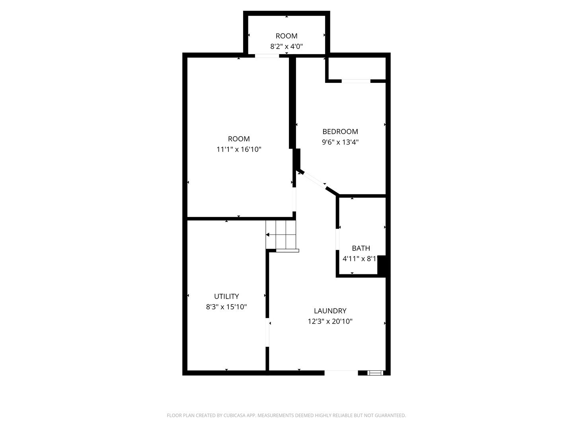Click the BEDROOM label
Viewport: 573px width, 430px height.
[x=340, y=131]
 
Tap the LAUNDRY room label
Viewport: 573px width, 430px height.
[x=330, y=311]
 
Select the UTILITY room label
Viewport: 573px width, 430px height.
[x=226, y=296]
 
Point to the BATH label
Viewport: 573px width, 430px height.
[x=361, y=248]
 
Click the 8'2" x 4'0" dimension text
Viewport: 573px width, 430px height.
[x=286, y=46]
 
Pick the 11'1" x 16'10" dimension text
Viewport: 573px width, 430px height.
[x=239, y=149]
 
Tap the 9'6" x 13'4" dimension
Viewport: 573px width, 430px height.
[x=340, y=142]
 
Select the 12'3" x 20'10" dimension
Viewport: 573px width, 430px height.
[x=330, y=321]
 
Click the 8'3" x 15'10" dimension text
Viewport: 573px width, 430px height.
[x=226, y=307]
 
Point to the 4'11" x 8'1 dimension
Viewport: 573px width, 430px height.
[x=359, y=258]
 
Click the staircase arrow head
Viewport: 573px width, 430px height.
[x=268, y=235]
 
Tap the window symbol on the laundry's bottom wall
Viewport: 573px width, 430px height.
[x=374, y=373]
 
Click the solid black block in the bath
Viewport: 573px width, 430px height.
[x=382, y=265]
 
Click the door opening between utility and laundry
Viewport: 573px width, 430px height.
[x=267, y=332]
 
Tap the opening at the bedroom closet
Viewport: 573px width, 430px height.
[x=356, y=81]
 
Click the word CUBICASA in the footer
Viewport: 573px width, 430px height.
[x=235, y=415]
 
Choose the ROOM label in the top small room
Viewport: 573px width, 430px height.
[x=286, y=36]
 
